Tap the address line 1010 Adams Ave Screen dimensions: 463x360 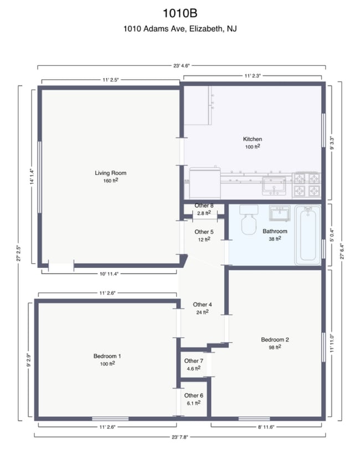(x=179, y=29)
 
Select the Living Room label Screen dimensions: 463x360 (x=110, y=173)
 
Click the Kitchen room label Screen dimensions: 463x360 (x=253, y=139)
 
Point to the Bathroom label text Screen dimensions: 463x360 (x=275, y=231)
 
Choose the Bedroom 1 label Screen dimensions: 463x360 (x=107, y=356)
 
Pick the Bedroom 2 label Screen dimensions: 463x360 (x=275, y=339)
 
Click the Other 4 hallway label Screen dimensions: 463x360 (x=202, y=305)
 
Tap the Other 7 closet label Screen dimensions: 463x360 (x=193, y=361)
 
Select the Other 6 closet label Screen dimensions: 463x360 (x=193, y=395)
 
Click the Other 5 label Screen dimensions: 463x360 (x=204, y=232)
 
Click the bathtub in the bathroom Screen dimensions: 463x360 (x=308, y=235)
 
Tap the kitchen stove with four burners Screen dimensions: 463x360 (x=307, y=185)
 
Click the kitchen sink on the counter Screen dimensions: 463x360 (x=273, y=187)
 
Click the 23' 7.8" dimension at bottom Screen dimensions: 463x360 (x=181, y=435)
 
